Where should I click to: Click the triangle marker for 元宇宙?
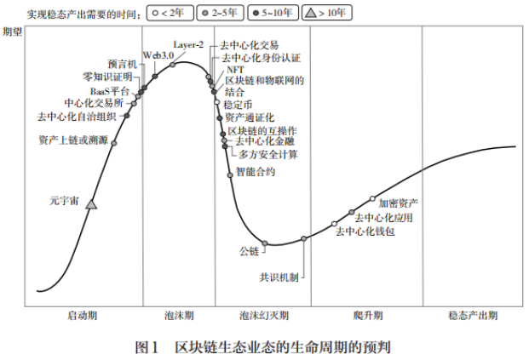[x=92, y=203]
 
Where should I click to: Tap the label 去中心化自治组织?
[x=78, y=116]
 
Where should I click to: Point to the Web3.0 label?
[x=158, y=54]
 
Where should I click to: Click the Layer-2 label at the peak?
[x=188, y=43]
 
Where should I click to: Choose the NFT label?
[x=234, y=69]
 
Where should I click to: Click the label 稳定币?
[x=238, y=103]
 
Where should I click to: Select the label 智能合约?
[x=256, y=172]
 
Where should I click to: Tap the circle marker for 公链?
[x=266, y=245]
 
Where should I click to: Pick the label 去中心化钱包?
[x=365, y=231]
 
